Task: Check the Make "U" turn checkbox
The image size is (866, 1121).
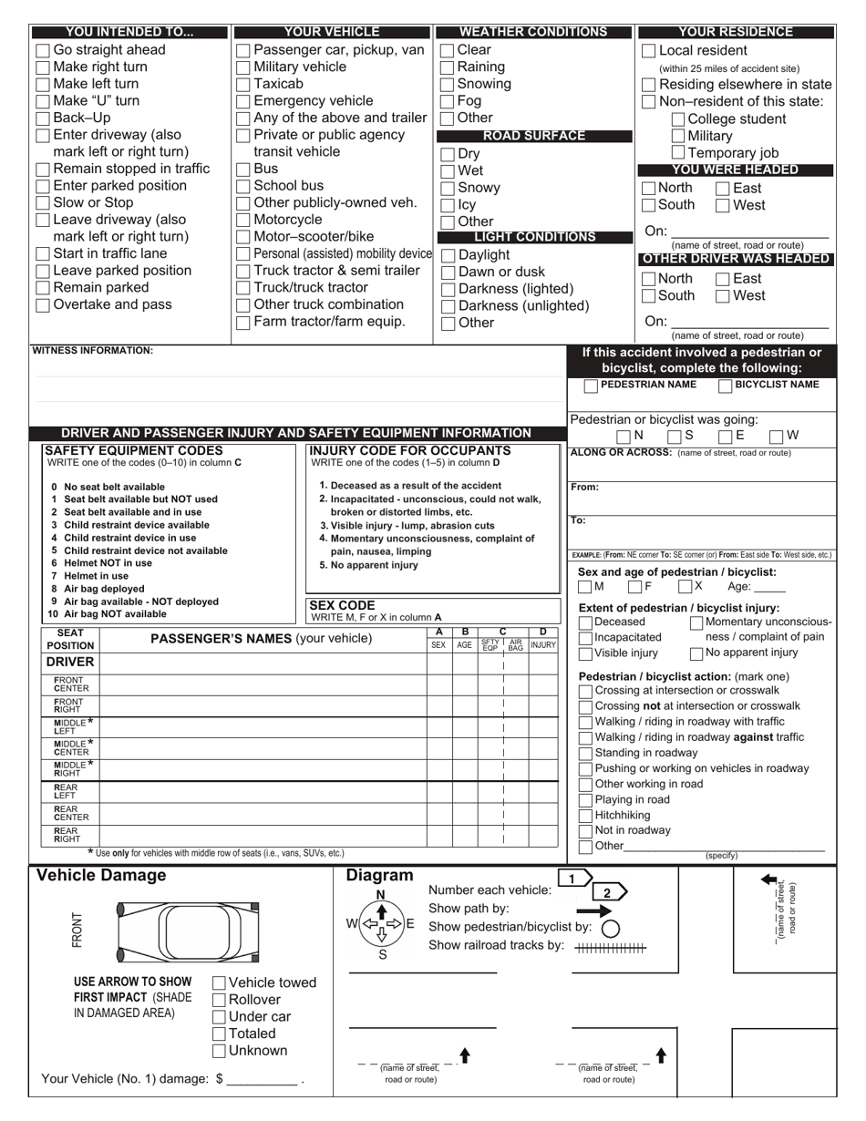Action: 43,101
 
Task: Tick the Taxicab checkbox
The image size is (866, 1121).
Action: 243,84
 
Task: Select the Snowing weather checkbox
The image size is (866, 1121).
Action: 448,84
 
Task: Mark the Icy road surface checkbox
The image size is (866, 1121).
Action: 448,205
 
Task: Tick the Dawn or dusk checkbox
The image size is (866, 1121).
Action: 448,273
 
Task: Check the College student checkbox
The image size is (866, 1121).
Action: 678,119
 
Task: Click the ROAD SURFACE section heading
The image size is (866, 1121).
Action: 533,136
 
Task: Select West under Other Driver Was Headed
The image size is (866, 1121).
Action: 724,296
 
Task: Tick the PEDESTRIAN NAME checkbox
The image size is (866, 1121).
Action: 591,386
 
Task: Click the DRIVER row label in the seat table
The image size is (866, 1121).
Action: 70,662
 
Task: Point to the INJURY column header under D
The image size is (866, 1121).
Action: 543,645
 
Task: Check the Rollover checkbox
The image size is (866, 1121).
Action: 220,1000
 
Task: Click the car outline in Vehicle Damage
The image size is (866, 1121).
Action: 187,931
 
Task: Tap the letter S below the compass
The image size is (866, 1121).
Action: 383,955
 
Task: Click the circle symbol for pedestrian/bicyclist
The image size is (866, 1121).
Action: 611,928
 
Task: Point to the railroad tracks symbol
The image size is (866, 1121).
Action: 611,948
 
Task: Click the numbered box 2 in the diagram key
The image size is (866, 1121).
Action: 607,892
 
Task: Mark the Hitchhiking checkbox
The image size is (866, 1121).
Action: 585,816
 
